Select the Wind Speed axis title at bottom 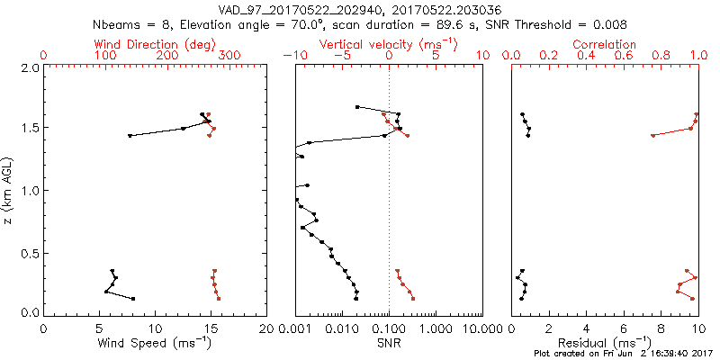point(155,342)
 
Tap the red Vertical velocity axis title point(389,44)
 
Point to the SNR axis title point(389,342)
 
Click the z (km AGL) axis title point(10,190)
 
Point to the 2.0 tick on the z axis point(30,68)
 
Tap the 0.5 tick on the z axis point(30,252)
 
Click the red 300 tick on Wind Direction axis point(229,56)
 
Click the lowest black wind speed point point(133,299)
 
